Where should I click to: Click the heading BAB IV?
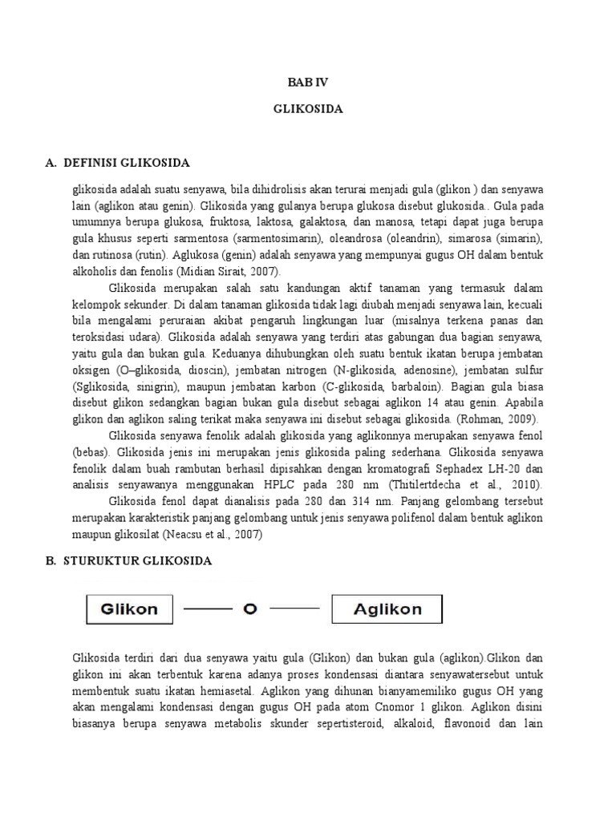308,83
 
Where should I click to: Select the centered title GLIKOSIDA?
308,109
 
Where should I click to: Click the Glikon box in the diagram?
129,609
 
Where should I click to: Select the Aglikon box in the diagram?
387,609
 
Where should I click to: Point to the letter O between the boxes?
249,609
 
